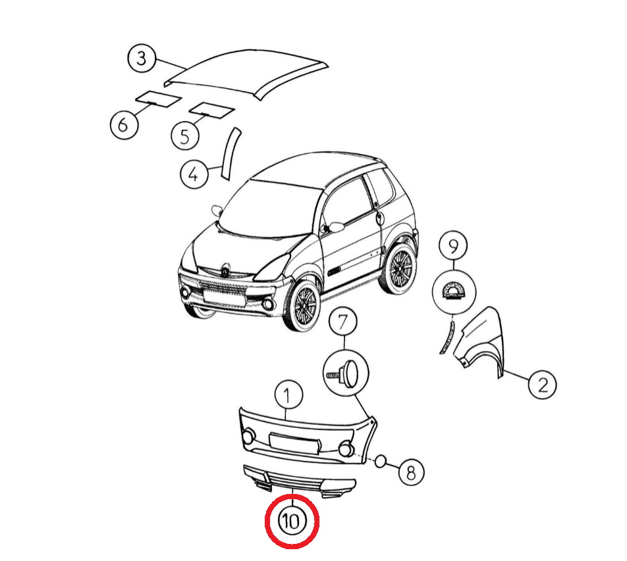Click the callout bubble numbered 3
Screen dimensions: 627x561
[142, 59]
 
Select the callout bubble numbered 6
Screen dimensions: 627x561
[124, 124]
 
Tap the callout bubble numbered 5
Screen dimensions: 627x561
[185, 136]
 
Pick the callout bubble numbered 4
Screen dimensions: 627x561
[194, 174]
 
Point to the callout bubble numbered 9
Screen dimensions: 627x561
[453, 246]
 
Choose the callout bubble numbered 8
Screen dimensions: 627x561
[411, 472]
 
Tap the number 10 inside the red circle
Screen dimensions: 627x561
[292, 521]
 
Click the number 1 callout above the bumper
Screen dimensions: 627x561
[288, 395]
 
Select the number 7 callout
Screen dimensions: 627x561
[343, 322]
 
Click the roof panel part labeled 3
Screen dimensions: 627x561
[246, 73]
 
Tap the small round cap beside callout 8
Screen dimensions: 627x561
[381, 461]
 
